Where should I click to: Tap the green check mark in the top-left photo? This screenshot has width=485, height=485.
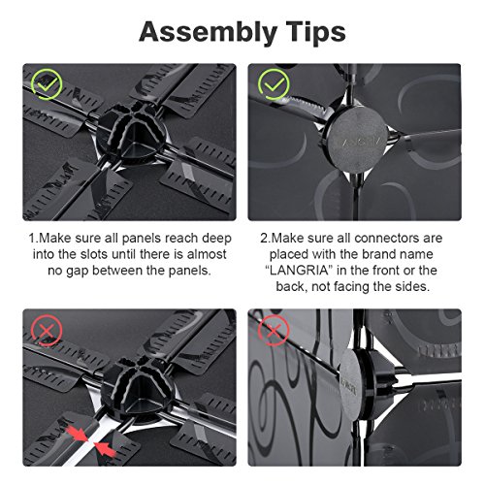[x=47, y=84]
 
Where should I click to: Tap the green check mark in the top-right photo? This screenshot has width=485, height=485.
[x=274, y=84]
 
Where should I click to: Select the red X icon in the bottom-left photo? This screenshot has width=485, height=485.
[x=47, y=331]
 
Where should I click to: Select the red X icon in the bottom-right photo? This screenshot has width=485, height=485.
[x=274, y=331]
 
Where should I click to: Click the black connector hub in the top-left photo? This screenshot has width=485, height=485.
[x=132, y=132]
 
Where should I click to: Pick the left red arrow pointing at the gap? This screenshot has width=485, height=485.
[x=77, y=435]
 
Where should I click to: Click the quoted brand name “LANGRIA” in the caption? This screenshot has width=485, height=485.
[x=299, y=271]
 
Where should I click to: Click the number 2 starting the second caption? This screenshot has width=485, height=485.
[x=264, y=239]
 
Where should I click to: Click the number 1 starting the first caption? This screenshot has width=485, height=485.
[x=32, y=239]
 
